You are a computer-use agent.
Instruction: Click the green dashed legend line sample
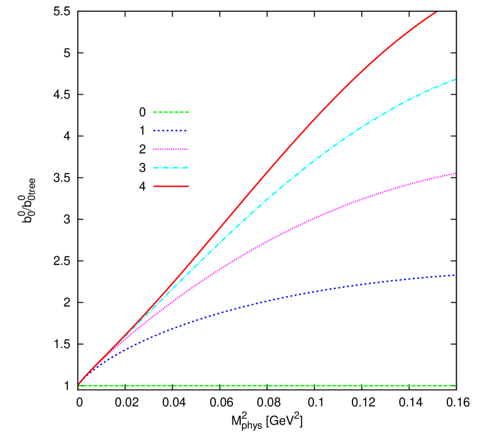(x=171, y=112)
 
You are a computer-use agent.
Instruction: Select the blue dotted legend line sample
(x=170, y=130)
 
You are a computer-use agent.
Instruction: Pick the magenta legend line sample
(x=171, y=149)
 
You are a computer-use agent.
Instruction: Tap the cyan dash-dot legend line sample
(x=171, y=168)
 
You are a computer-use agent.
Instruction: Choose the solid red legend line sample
(x=171, y=186)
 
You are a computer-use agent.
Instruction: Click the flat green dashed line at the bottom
(x=263, y=386)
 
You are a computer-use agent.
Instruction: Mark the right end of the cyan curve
(x=455, y=79)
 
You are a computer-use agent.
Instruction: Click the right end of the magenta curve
(x=455, y=174)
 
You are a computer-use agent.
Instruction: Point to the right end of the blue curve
(x=454, y=275)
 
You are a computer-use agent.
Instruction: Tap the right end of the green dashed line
(x=454, y=386)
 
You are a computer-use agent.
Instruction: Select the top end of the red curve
(x=437, y=12)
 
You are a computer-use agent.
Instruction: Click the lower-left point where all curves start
(x=79, y=384)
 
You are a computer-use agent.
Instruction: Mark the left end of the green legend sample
(x=154, y=112)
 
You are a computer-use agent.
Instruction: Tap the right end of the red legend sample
(x=189, y=186)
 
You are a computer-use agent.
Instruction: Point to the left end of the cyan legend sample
(x=154, y=168)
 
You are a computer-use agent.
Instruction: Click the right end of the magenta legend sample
(x=188, y=149)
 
